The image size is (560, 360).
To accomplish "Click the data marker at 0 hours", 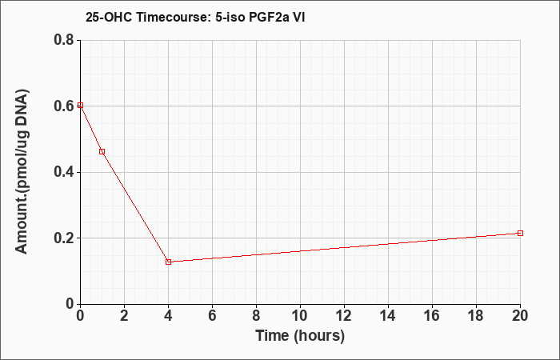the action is [80, 106].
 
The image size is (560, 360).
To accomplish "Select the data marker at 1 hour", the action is [102, 152].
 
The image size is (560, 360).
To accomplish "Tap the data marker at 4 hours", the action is [169, 262].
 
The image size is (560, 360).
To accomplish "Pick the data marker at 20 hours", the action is [520, 234].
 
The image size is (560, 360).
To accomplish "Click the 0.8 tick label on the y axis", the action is [64, 40].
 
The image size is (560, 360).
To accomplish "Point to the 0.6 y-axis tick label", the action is [64, 106].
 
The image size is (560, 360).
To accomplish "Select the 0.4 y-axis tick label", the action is [64, 172].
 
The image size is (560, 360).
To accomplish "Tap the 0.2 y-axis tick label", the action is [64, 238].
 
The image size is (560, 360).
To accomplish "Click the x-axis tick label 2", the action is [124, 316].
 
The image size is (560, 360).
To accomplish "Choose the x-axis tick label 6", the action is [213, 316].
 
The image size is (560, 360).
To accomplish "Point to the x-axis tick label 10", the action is [300, 316].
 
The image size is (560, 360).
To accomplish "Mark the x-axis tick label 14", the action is [388, 316].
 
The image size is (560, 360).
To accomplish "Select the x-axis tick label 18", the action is [476, 316].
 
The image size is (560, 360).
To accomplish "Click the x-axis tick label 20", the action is [520, 316].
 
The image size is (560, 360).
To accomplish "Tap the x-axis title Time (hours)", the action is [300, 336].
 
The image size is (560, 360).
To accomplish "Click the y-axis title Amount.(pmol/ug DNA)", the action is [22, 171].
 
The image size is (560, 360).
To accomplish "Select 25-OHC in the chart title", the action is [109, 17].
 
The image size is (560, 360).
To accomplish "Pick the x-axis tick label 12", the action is [344, 316].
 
